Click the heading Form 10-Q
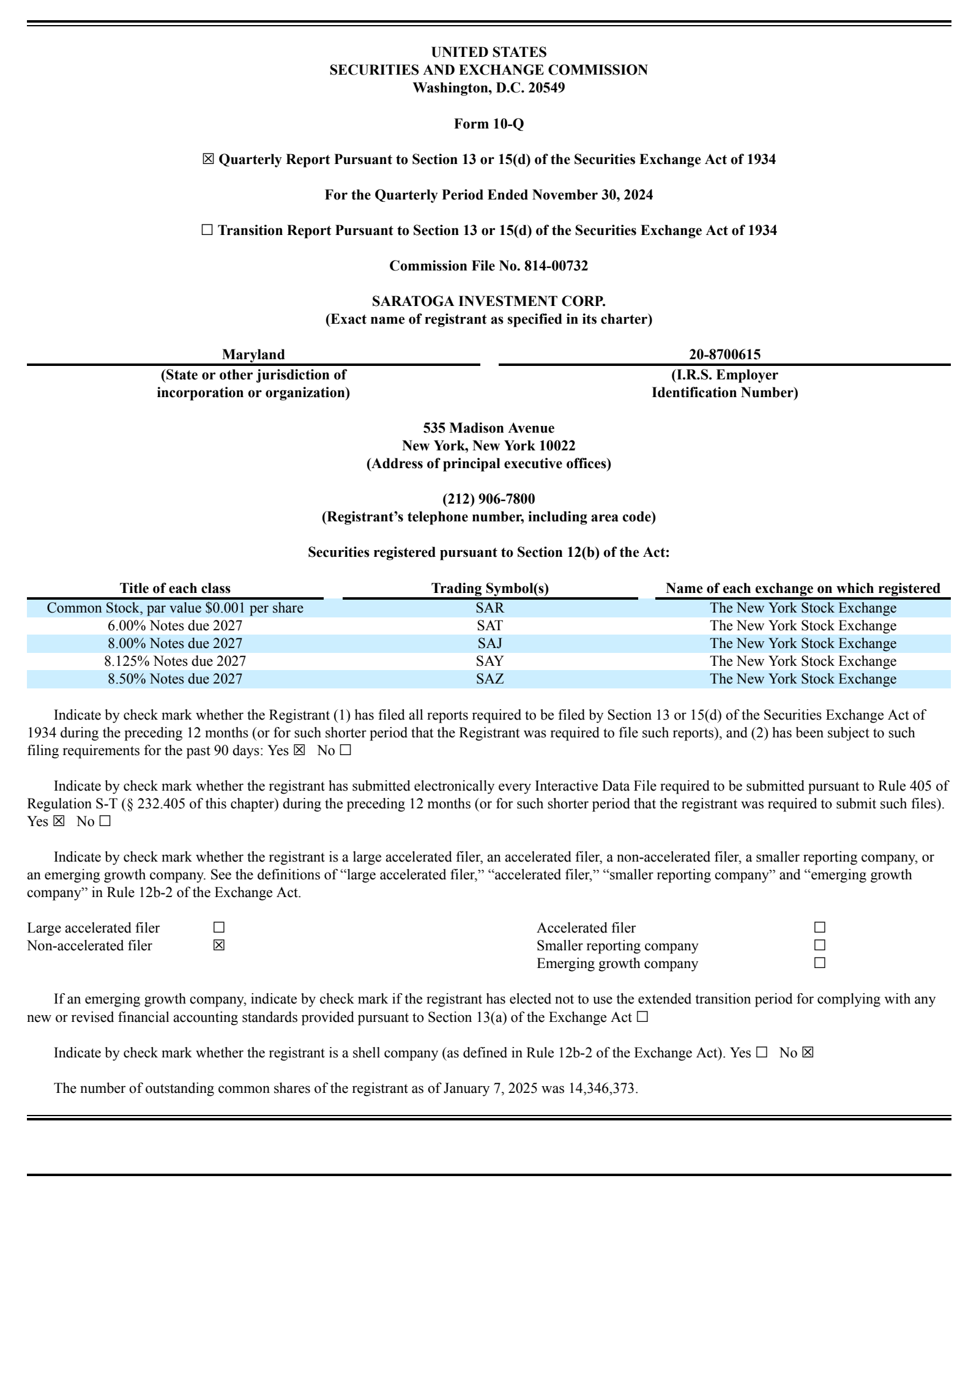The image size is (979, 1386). tap(488, 124)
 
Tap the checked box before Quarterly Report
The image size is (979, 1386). tap(208, 159)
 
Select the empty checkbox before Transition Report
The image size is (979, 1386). tap(207, 230)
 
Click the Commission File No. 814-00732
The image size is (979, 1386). tap(488, 266)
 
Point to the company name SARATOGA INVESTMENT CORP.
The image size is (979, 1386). tap(488, 301)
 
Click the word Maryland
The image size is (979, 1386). tap(253, 354)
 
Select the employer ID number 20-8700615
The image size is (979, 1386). tap(724, 354)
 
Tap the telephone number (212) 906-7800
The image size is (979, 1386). tap(488, 499)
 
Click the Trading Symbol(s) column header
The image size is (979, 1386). tap(489, 588)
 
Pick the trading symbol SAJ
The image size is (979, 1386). tap(489, 643)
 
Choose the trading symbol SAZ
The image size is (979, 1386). tap(489, 679)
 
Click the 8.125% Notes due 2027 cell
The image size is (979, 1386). tap(175, 661)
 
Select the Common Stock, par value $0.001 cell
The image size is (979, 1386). tap(175, 608)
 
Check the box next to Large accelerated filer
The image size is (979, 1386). tap(219, 928)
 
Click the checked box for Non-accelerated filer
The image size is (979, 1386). tap(219, 945)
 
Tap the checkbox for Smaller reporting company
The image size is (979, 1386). tap(820, 945)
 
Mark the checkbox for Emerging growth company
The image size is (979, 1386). tap(820, 963)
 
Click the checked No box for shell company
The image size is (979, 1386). tap(808, 1053)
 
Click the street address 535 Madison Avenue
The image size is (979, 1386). tap(488, 428)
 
